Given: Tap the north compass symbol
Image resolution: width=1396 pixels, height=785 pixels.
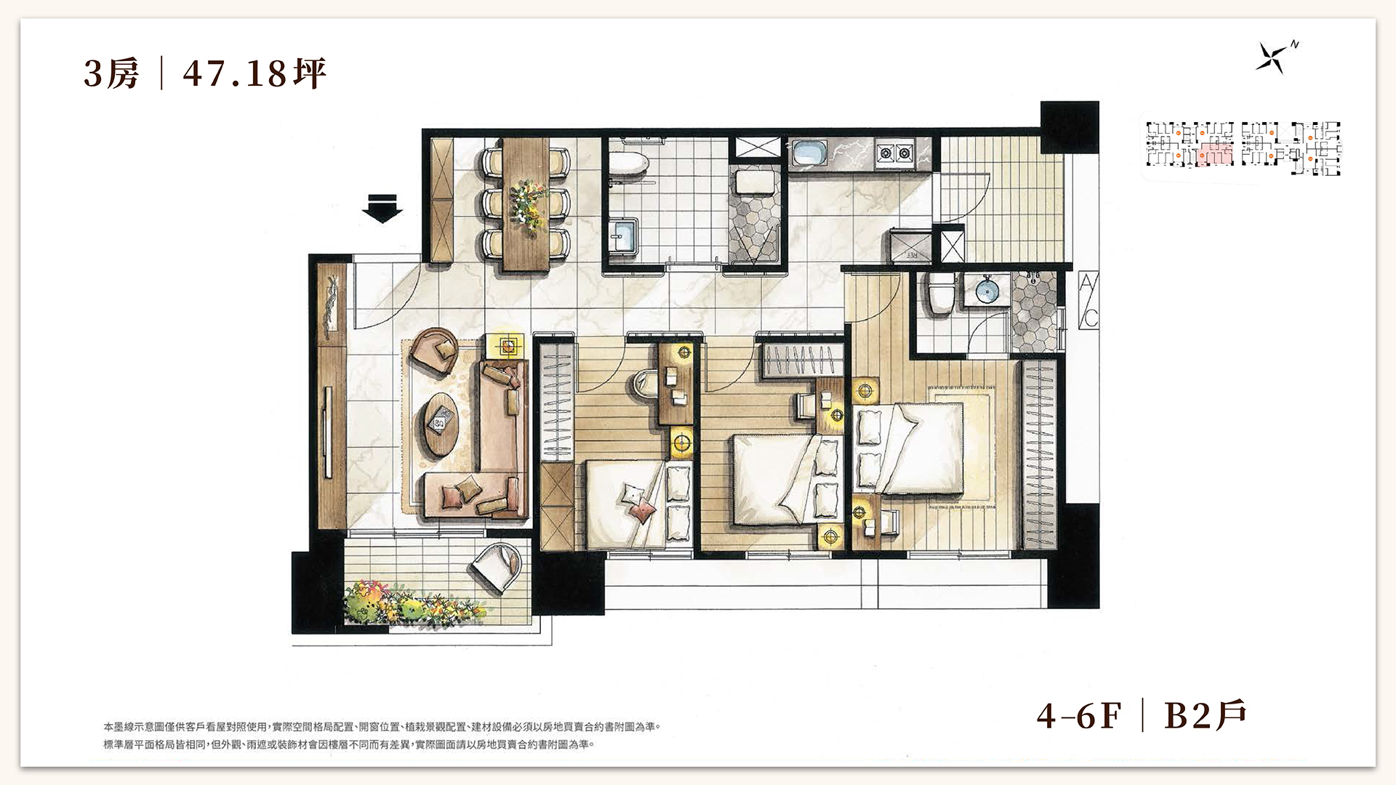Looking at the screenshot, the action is (x=1272, y=57).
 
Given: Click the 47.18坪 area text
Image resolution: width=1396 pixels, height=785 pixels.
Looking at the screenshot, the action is (x=254, y=73).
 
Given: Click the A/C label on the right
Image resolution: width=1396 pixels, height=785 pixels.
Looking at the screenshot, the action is (x=1088, y=300).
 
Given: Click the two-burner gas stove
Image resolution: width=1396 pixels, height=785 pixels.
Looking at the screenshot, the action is (x=895, y=153).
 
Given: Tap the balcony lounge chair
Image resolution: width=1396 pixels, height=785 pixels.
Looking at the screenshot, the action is (x=497, y=566).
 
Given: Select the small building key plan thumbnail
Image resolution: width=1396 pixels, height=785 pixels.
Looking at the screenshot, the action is (x=1243, y=148).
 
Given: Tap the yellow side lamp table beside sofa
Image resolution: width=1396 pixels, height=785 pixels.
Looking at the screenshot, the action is (x=509, y=345).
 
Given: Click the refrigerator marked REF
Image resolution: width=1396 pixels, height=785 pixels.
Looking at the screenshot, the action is (x=909, y=244).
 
